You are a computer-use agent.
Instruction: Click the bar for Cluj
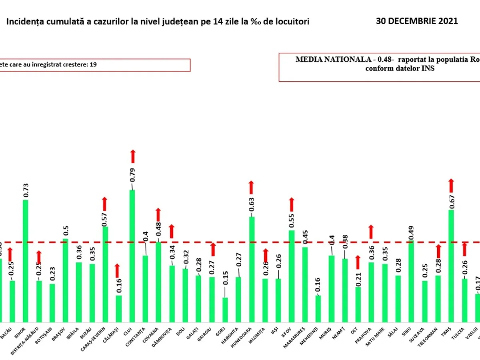pos(132,256)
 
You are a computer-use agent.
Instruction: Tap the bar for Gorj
pos(225,310)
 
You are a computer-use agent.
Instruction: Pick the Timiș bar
pos(451,266)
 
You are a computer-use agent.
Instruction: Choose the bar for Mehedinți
pos(318,308)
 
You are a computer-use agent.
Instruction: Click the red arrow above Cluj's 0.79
pos(132,156)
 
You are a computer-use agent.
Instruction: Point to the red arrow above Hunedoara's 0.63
pos(252,187)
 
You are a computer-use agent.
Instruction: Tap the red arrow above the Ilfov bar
pos(292,204)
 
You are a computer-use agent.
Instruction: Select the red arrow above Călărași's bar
pos(117,270)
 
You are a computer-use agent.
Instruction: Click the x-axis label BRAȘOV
pos(64,334)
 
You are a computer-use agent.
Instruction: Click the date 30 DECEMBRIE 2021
pos(417,21)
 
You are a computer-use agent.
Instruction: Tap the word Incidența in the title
pos(24,22)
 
